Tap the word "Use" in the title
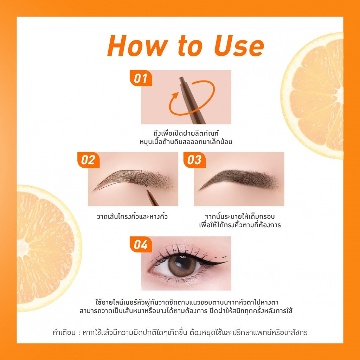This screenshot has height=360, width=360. (239, 46)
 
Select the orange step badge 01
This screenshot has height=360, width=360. (141, 78)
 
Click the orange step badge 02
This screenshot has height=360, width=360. (88, 160)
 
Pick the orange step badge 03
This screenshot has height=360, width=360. (194, 160)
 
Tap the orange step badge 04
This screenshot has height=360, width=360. (141, 244)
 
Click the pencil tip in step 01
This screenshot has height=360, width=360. (182, 79)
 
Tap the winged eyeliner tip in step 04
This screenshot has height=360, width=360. (226, 262)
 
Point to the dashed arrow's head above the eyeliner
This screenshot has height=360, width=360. (225, 257)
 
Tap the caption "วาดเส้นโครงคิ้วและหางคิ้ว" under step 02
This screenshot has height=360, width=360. (132, 217)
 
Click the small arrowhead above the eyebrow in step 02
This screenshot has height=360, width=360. (141, 171)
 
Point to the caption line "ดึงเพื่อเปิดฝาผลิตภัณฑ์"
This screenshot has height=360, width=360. (186, 133)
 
